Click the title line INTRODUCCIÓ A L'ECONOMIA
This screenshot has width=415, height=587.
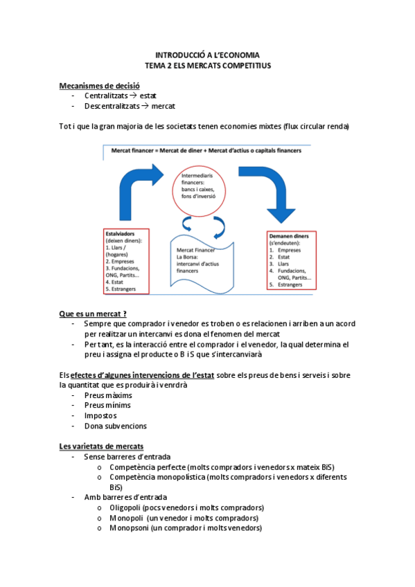[208, 54]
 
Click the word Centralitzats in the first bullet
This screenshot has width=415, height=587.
[107, 96]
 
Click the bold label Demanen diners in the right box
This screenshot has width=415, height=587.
[288, 236]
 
